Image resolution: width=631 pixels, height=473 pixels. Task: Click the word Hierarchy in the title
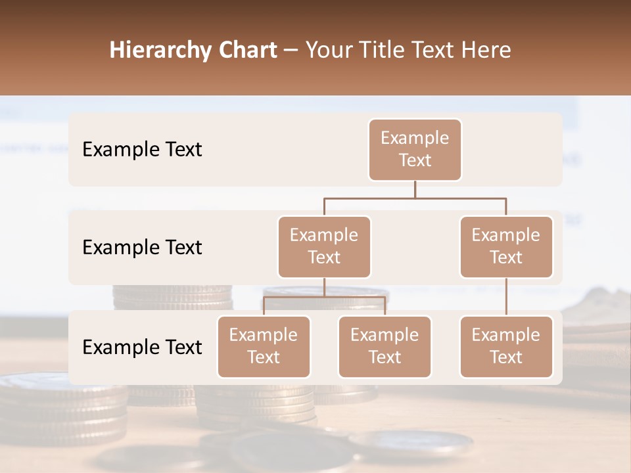tap(157, 50)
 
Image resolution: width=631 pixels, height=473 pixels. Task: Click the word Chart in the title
tap(245, 50)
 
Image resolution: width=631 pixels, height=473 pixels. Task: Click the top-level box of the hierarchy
tap(415, 149)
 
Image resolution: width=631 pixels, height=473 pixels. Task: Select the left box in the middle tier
tap(324, 246)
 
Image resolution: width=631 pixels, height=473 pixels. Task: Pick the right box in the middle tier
tap(506, 246)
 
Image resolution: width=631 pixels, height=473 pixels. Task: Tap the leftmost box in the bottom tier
tap(264, 346)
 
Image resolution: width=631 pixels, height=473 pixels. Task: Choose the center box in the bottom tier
tap(385, 346)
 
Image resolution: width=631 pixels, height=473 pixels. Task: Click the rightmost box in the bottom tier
tap(506, 346)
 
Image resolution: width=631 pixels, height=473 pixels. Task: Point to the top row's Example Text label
tap(142, 149)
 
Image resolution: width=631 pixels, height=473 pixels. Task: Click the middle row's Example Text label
tap(142, 247)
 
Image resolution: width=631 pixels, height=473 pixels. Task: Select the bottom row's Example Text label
tap(142, 347)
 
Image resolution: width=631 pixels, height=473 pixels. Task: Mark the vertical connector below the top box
tap(415, 189)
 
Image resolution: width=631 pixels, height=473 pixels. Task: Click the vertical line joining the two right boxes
tap(506, 297)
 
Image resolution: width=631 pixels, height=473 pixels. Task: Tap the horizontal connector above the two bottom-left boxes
tap(324, 297)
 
